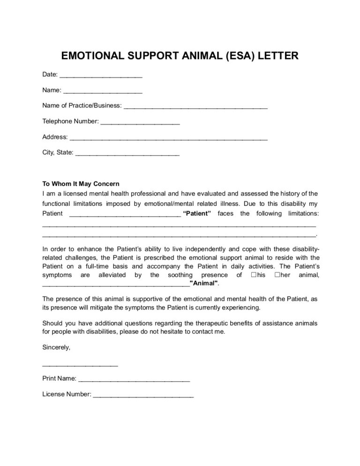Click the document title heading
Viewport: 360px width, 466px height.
(x=180, y=57)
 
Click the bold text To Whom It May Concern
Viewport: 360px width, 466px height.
(x=81, y=183)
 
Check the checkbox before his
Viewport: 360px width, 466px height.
(x=254, y=275)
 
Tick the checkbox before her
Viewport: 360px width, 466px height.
(x=278, y=275)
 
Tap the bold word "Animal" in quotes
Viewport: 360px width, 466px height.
(x=204, y=284)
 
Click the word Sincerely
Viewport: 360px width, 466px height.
(x=56, y=347)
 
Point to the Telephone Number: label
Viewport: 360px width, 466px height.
(x=70, y=121)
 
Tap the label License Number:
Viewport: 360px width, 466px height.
(x=67, y=395)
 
